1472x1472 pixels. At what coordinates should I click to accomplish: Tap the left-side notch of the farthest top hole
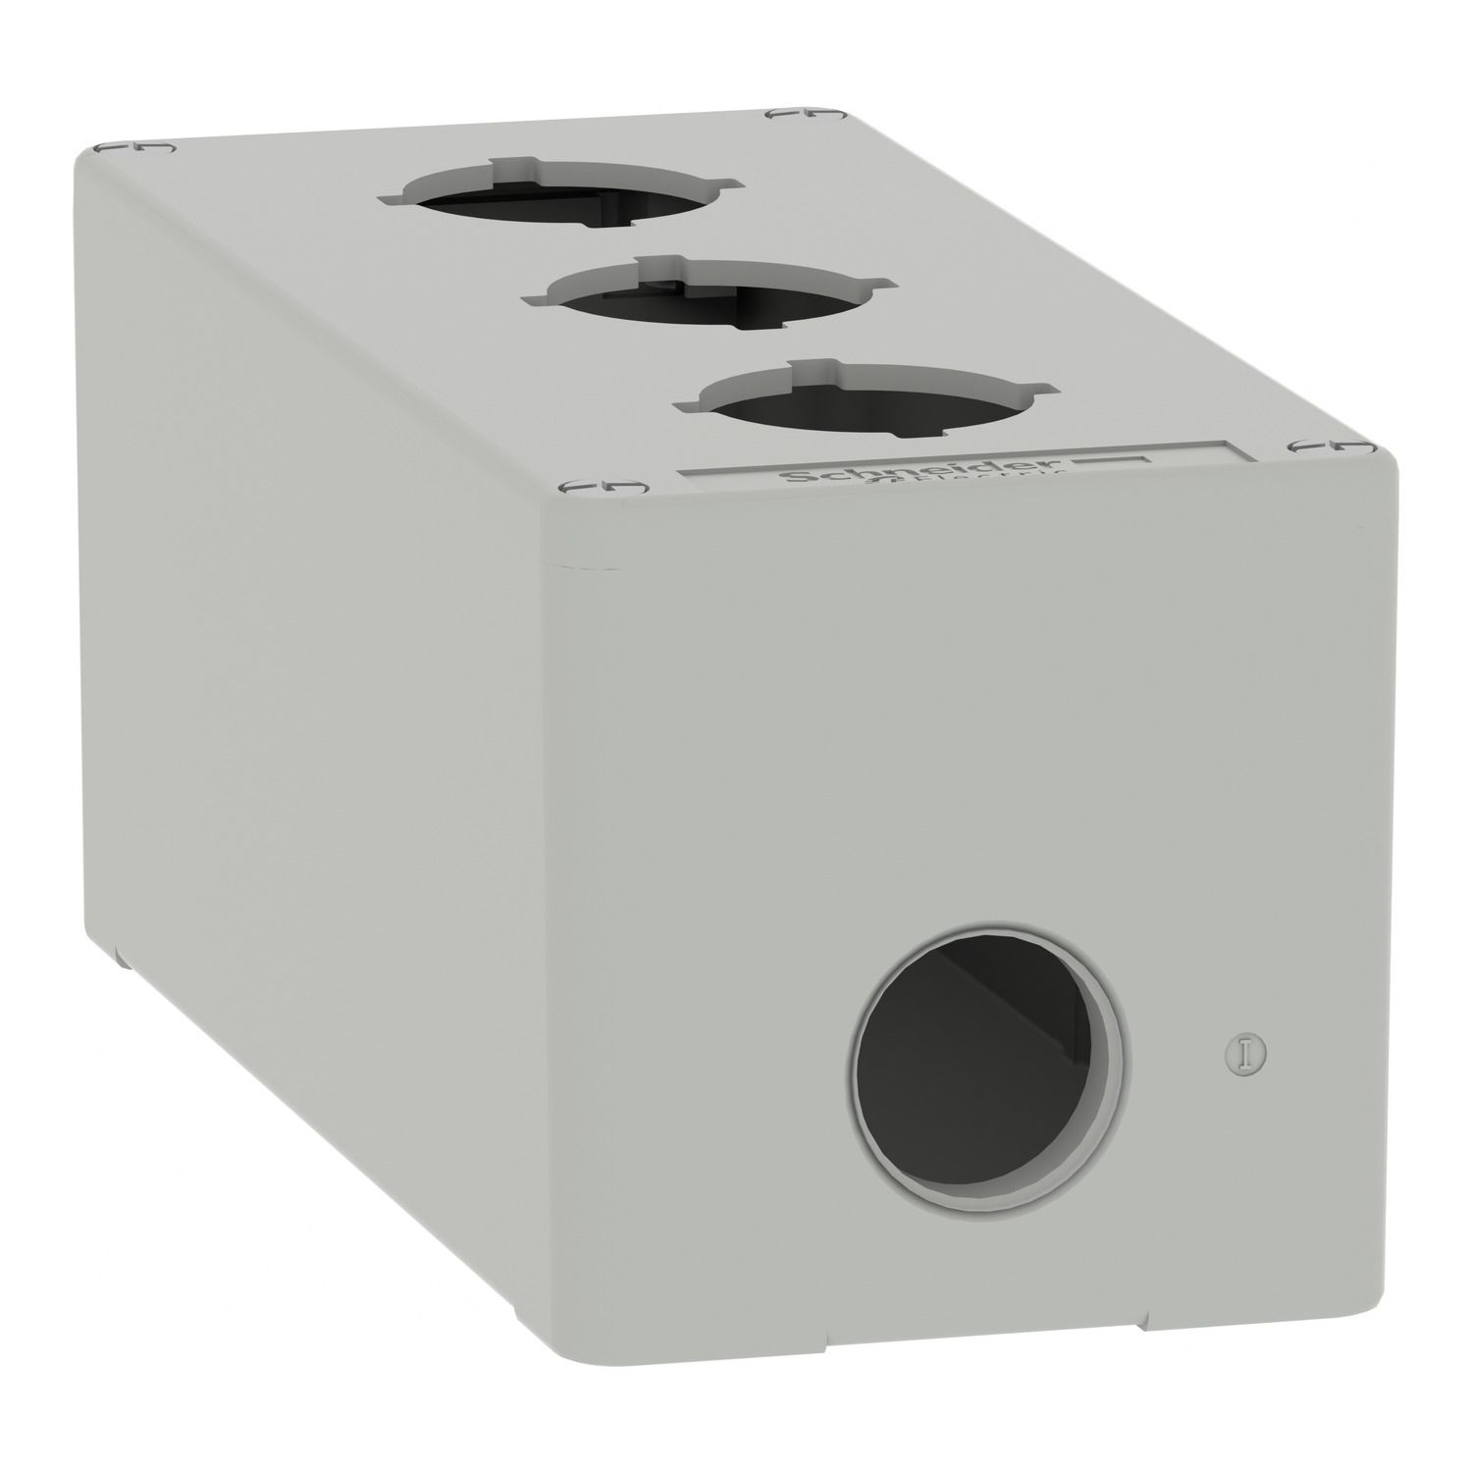tap(385, 198)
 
